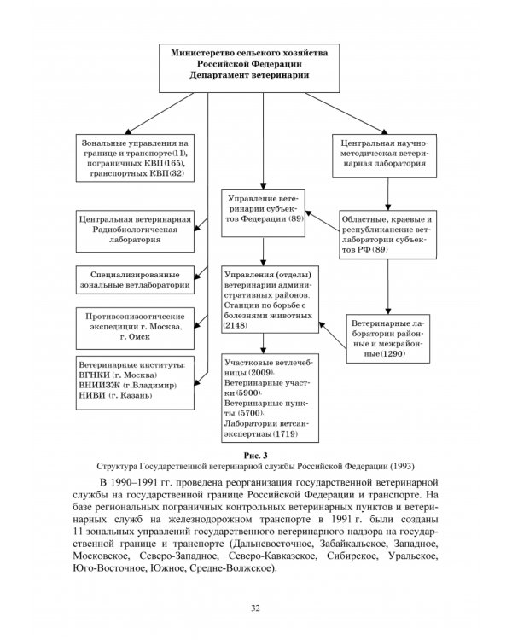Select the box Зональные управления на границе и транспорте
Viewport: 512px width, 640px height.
pyautogui.click(x=136, y=157)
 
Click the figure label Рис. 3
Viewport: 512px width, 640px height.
pyautogui.click(x=256, y=456)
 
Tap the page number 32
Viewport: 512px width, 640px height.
pyautogui.click(x=256, y=608)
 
